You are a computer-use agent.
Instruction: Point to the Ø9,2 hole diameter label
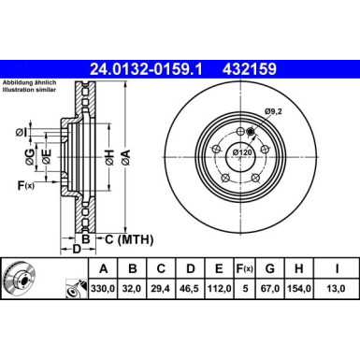point(272,112)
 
